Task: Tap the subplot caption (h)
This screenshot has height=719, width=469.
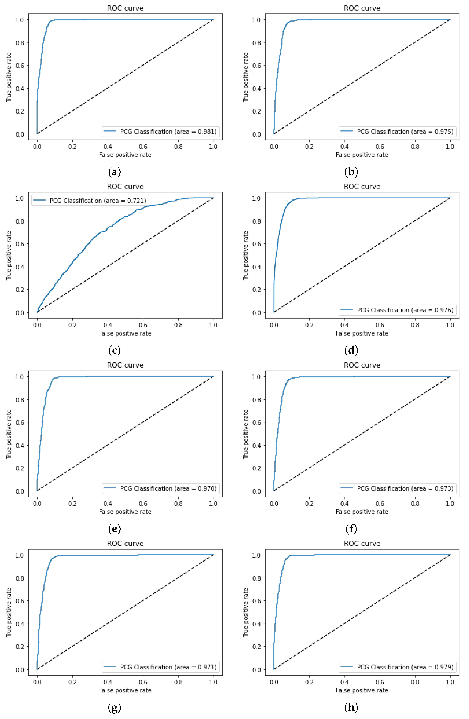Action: tap(351, 707)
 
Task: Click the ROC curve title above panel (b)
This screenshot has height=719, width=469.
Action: tap(362, 8)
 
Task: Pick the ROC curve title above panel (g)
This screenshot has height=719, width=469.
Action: tap(125, 544)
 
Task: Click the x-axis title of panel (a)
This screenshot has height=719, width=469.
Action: tap(125, 155)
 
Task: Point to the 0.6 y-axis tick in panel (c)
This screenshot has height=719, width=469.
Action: tap(20, 244)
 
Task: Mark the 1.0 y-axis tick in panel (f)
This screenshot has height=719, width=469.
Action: tap(257, 377)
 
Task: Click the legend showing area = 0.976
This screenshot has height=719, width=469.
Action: tap(396, 310)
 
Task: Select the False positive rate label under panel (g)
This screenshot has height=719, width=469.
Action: tap(125, 690)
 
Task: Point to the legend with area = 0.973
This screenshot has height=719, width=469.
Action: tap(396, 488)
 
